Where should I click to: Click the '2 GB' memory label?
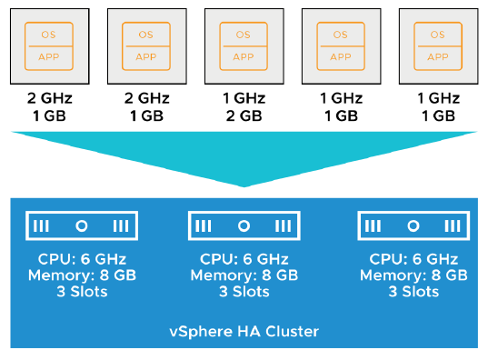click(x=243, y=115)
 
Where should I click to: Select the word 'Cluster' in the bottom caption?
click(x=290, y=331)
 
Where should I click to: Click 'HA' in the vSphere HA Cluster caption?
click(x=246, y=331)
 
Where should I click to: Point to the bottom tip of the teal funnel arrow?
click(x=244, y=185)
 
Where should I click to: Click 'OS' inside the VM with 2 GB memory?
click(x=244, y=34)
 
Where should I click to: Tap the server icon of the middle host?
click(x=244, y=225)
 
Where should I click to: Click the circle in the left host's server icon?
click(x=72, y=225)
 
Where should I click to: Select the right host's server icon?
click(x=414, y=225)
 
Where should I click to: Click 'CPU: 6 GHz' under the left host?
click(x=72, y=257)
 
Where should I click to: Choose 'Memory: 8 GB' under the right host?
click(x=414, y=275)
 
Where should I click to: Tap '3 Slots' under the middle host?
click(x=244, y=292)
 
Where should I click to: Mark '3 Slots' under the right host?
click(x=414, y=292)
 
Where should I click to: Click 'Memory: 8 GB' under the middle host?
click(x=244, y=275)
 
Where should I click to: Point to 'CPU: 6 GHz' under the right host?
click(x=414, y=257)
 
